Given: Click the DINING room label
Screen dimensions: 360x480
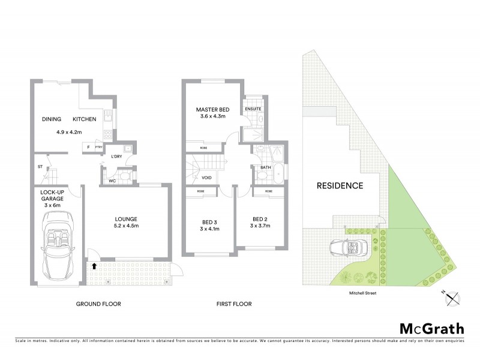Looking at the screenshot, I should coord(52,119).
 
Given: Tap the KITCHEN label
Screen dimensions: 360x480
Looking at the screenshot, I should coord(85,119).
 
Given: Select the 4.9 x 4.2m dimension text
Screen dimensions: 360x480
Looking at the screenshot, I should coord(68,131).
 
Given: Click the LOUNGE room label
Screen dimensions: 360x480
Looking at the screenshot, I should coord(127,218).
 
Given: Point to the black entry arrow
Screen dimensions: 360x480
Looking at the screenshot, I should coord(94,265).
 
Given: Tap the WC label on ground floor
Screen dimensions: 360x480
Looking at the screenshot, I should coord(112,181).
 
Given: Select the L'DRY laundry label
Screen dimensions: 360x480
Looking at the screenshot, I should coord(116,157).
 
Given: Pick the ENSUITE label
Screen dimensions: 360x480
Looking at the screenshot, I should coord(251,109).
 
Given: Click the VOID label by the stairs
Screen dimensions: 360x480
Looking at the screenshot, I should coord(206,178).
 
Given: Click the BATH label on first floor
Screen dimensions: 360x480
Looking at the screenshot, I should coord(265,167).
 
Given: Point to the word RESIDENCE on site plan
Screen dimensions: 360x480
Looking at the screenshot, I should coord(340,185).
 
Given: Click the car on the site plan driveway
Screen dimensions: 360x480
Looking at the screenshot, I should coord(347,248).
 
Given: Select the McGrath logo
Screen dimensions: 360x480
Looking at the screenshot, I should coord(431,328).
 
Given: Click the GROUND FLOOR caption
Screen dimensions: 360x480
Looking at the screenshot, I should coord(98,304).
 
